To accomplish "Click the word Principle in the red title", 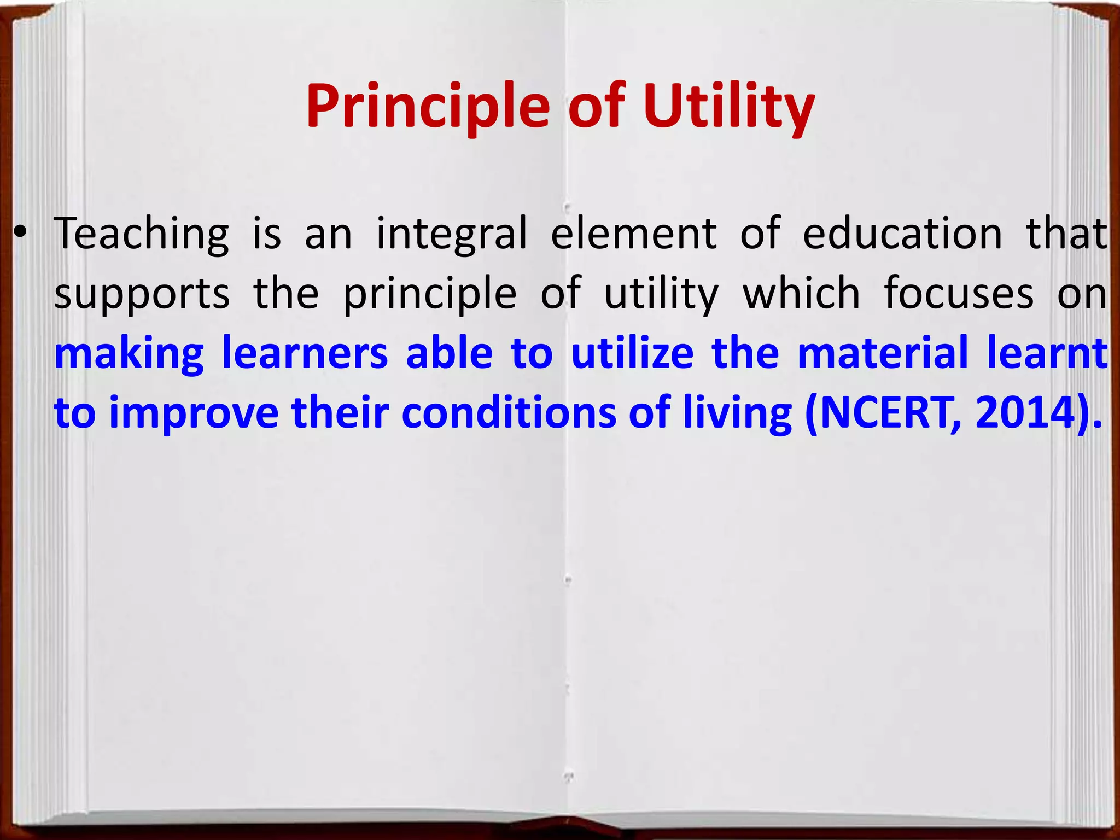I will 427,107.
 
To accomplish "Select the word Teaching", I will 142,234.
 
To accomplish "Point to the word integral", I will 452,234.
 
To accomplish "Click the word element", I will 633,234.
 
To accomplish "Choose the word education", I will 902,234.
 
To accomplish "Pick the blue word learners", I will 305,353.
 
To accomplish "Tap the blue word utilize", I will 632,353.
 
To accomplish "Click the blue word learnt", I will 1047,353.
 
